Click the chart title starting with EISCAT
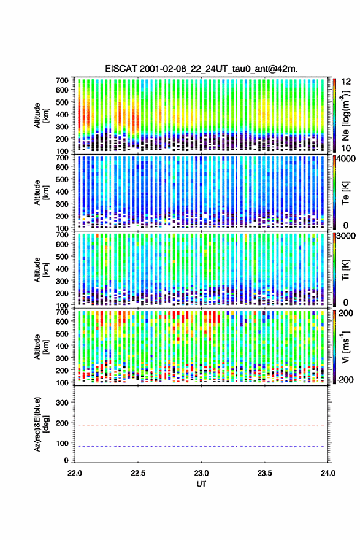201,69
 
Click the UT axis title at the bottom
201,484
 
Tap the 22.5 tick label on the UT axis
137,473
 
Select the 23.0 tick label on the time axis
201,473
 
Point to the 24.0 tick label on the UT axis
327,473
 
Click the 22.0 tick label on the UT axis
75,473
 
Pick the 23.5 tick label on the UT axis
264,473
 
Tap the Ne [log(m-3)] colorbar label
345,115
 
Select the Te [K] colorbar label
345,193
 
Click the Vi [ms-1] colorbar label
345,347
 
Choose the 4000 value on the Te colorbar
346,159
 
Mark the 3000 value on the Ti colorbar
346,236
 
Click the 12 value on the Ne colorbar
346,82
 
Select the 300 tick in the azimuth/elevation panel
62,403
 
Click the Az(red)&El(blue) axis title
41,424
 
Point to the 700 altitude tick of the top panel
62,80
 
